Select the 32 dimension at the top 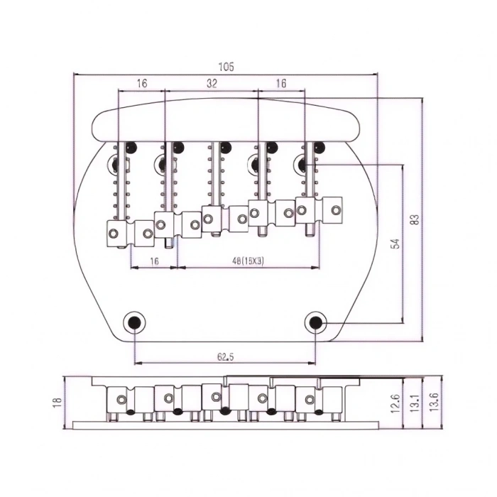coord(212,83)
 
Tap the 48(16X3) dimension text coord(248,261)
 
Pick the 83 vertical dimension coord(415,220)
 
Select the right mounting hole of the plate coord(316,322)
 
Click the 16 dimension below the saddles coord(153,261)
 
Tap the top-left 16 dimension coord(141,83)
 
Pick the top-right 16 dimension coord(281,83)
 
